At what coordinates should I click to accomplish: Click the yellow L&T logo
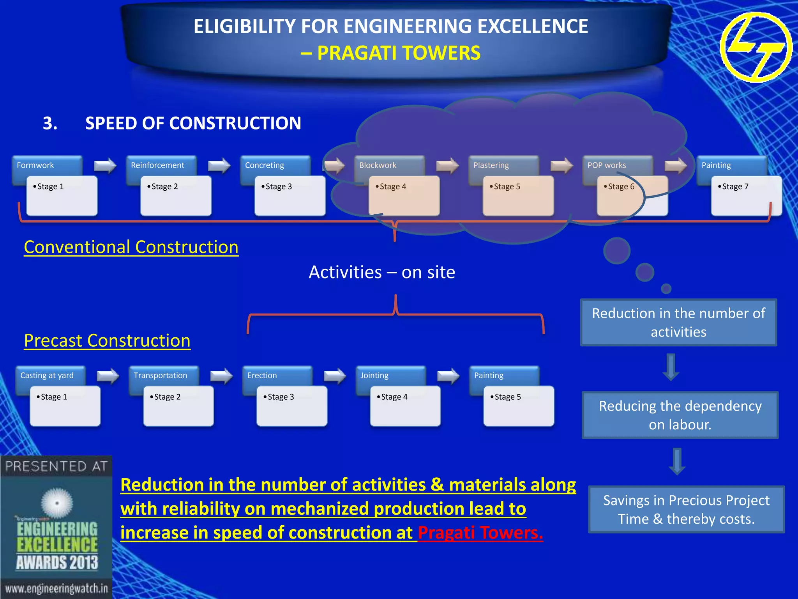pyautogui.click(x=756, y=47)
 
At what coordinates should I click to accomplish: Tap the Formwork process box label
pyautogui.click(x=35, y=165)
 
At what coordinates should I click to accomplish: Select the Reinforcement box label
pyautogui.click(x=157, y=165)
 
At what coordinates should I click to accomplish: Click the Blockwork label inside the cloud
pyautogui.click(x=378, y=165)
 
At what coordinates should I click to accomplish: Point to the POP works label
pyautogui.click(x=607, y=165)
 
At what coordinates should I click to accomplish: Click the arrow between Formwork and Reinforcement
pyautogui.click(x=105, y=165)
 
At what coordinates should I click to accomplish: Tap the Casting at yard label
pyautogui.click(x=47, y=376)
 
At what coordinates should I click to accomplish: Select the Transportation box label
pyautogui.click(x=160, y=376)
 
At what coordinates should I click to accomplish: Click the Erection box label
pyautogui.click(x=262, y=376)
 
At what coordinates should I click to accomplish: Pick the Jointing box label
pyautogui.click(x=374, y=376)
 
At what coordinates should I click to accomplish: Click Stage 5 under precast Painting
pyautogui.click(x=518, y=406)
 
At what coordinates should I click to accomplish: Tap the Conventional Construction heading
pyautogui.click(x=131, y=247)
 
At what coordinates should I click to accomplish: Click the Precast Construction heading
pyautogui.click(x=107, y=341)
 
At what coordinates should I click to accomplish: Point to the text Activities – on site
pyautogui.click(x=382, y=272)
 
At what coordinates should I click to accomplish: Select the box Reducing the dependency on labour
pyautogui.click(x=680, y=415)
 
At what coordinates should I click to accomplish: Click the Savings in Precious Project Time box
pyautogui.click(x=686, y=509)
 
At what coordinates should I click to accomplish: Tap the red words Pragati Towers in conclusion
pyautogui.click(x=480, y=533)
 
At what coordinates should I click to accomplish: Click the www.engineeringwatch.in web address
pyautogui.click(x=56, y=588)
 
